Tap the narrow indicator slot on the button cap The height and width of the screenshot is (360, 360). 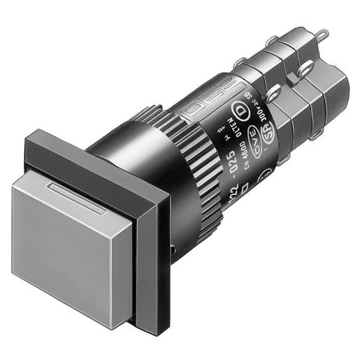pos(77,196)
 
